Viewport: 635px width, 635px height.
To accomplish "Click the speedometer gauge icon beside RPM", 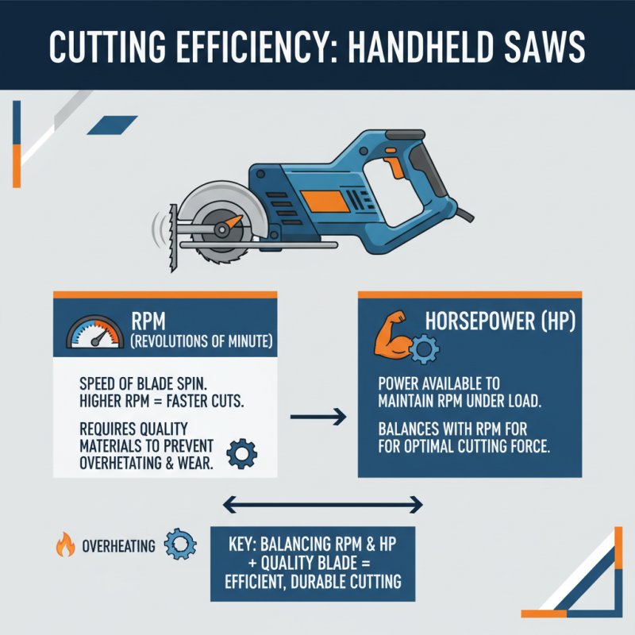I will tap(93, 332).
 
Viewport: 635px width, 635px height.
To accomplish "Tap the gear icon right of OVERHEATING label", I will tap(180, 545).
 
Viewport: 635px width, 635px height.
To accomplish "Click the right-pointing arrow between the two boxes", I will tap(318, 415).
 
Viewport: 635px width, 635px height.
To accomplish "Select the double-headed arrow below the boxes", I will tap(322, 503).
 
